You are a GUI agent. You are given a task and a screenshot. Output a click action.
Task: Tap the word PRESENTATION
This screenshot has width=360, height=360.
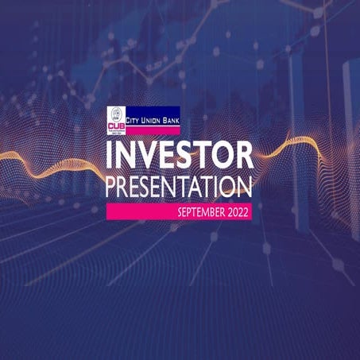tap(179, 188)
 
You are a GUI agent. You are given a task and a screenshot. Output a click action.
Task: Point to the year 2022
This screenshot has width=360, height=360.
tap(237, 212)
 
